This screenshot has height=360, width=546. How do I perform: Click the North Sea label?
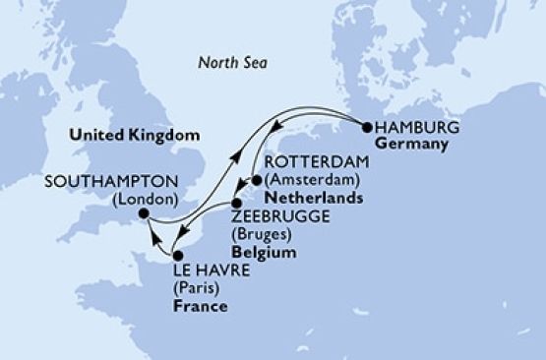(x=233, y=64)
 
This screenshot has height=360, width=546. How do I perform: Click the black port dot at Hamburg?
(x=367, y=127)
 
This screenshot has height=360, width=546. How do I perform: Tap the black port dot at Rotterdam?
(x=257, y=181)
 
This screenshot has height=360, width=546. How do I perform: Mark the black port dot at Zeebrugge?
(x=236, y=203)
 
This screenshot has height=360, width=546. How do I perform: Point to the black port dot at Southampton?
(x=144, y=213)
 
